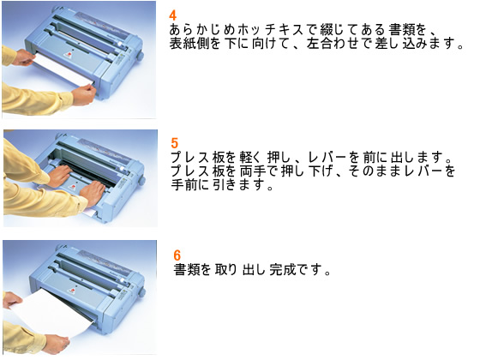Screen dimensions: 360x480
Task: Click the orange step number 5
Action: click(174, 142)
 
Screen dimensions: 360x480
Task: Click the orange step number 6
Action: click(177, 255)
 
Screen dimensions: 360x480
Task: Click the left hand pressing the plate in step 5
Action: click(59, 177)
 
